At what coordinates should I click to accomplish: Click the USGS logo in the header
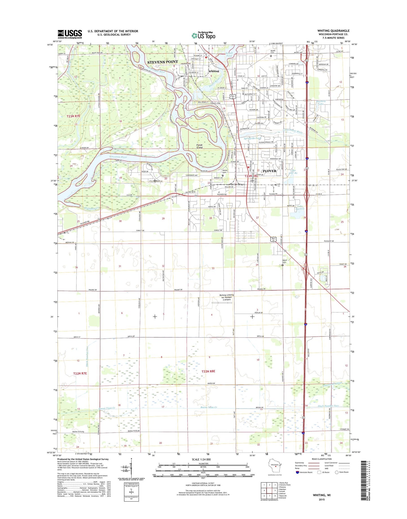tap(70, 34)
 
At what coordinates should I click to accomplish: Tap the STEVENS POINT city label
tap(163, 62)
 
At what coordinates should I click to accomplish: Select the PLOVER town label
tap(270, 171)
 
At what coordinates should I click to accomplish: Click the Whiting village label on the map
tap(213, 71)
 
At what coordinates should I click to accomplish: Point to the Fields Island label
tap(200, 146)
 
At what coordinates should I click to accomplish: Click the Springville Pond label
tap(253, 138)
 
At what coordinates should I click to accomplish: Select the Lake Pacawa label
tap(301, 207)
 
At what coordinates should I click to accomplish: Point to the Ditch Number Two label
tap(328, 406)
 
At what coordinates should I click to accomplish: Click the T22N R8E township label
tap(208, 371)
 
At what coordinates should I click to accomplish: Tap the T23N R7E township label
tap(73, 116)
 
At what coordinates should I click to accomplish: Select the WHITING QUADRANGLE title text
tap(333, 31)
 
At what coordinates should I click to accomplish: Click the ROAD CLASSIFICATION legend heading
tap(322, 459)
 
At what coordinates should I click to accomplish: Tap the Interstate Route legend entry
tap(306, 472)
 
